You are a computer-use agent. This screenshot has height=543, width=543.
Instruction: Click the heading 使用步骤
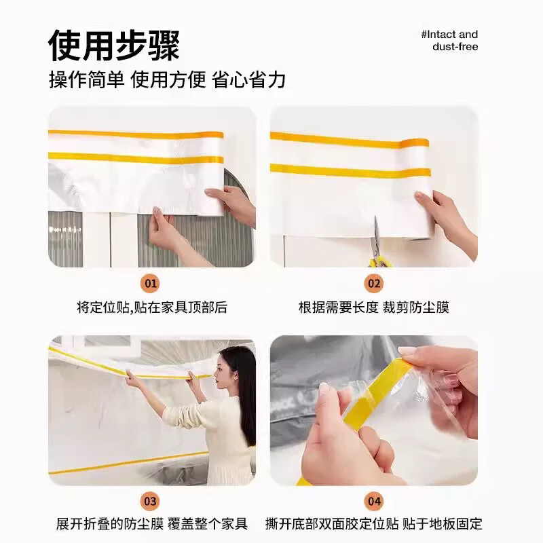click(x=113, y=45)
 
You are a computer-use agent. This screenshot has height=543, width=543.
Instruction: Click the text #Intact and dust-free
click(x=449, y=41)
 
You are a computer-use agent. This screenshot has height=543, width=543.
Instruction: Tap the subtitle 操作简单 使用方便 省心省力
click(x=167, y=80)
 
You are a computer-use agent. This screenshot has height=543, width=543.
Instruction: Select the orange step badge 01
click(x=151, y=283)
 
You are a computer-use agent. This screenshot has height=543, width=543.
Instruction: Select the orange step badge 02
click(x=374, y=283)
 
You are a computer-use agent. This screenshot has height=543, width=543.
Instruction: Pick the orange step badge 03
click(x=151, y=502)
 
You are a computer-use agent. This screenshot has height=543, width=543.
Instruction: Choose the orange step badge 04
click(x=374, y=502)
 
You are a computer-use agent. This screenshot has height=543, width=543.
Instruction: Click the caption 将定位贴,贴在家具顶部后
click(x=151, y=307)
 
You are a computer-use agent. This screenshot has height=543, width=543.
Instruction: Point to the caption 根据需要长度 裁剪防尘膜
click(x=374, y=307)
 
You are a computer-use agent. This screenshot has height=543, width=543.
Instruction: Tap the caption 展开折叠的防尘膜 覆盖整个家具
click(x=151, y=524)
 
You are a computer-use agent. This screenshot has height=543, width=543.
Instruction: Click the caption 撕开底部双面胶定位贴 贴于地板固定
click(x=374, y=524)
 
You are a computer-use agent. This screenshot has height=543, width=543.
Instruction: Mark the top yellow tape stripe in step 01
click(x=136, y=134)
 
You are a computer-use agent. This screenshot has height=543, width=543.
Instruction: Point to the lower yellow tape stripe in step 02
click(x=350, y=170)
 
